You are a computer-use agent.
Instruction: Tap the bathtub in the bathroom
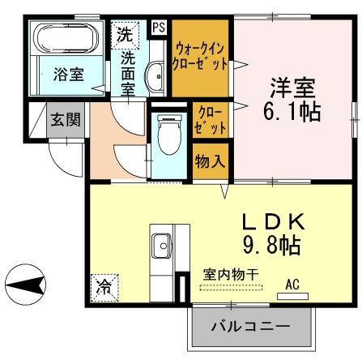tap(65, 38)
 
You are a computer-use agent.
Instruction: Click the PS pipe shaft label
tap(158, 28)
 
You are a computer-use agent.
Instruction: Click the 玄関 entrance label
tap(65, 119)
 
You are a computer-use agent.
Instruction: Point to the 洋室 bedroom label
tap(292, 86)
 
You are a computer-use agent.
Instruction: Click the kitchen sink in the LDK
tap(160, 244)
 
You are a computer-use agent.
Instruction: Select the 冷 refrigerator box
tap(104, 286)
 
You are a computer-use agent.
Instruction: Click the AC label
tap(293, 285)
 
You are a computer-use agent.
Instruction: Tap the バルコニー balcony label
tap(250, 328)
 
